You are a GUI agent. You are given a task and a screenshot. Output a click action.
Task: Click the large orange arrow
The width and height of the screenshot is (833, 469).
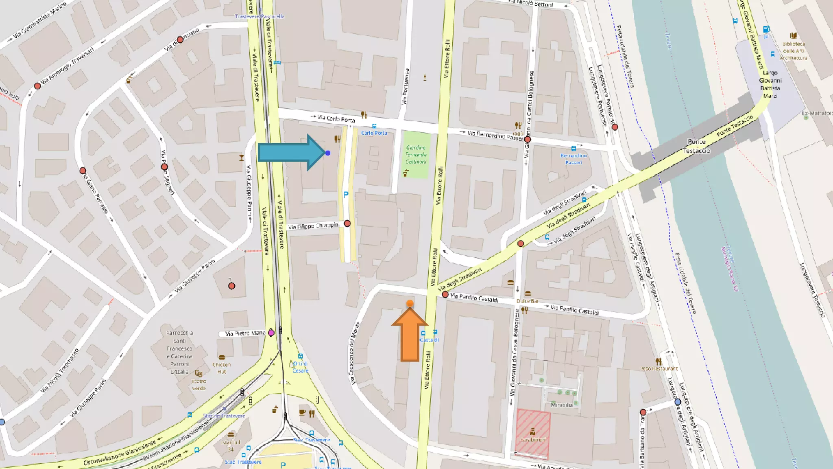(x=410, y=336)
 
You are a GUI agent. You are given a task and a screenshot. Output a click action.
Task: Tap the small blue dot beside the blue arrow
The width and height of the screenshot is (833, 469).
(x=328, y=153)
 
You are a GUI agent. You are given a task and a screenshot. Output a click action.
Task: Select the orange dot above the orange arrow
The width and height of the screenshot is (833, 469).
(x=410, y=303)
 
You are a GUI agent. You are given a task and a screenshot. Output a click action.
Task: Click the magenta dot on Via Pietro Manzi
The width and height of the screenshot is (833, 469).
(x=271, y=333)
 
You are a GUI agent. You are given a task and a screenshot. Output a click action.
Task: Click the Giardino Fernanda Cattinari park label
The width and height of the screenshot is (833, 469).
(x=416, y=155)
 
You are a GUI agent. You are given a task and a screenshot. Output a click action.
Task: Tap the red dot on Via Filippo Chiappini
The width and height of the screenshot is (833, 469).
(x=347, y=224)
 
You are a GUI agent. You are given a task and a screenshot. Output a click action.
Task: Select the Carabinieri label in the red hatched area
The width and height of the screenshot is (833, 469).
(x=533, y=440)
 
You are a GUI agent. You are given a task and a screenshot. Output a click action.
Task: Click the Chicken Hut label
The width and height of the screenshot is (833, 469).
(x=221, y=368)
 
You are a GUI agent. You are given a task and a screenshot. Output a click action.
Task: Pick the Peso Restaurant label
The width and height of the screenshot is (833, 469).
(x=659, y=368)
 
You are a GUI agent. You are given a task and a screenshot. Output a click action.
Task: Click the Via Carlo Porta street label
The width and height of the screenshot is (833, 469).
(x=336, y=118)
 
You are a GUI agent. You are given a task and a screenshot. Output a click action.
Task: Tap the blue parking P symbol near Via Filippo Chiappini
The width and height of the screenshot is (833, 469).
(x=346, y=195)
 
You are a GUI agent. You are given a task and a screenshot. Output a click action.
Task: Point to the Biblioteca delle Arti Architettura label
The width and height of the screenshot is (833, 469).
(x=794, y=51)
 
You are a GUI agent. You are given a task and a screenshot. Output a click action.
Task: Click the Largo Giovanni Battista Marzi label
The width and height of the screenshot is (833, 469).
(x=770, y=84)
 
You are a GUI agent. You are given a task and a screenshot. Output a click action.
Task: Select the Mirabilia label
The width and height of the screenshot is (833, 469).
(x=562, y=405)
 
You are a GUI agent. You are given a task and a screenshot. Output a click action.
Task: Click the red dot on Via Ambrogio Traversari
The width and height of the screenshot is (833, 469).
(x=37, y=86)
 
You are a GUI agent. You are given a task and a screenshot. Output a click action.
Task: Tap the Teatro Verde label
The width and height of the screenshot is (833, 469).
(x=199, y=385)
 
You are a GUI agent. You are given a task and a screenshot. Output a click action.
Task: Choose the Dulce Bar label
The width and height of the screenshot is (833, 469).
(x=528, y=301)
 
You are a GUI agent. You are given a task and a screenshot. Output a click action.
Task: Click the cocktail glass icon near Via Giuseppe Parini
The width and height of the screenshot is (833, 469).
(x=242, y=158)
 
